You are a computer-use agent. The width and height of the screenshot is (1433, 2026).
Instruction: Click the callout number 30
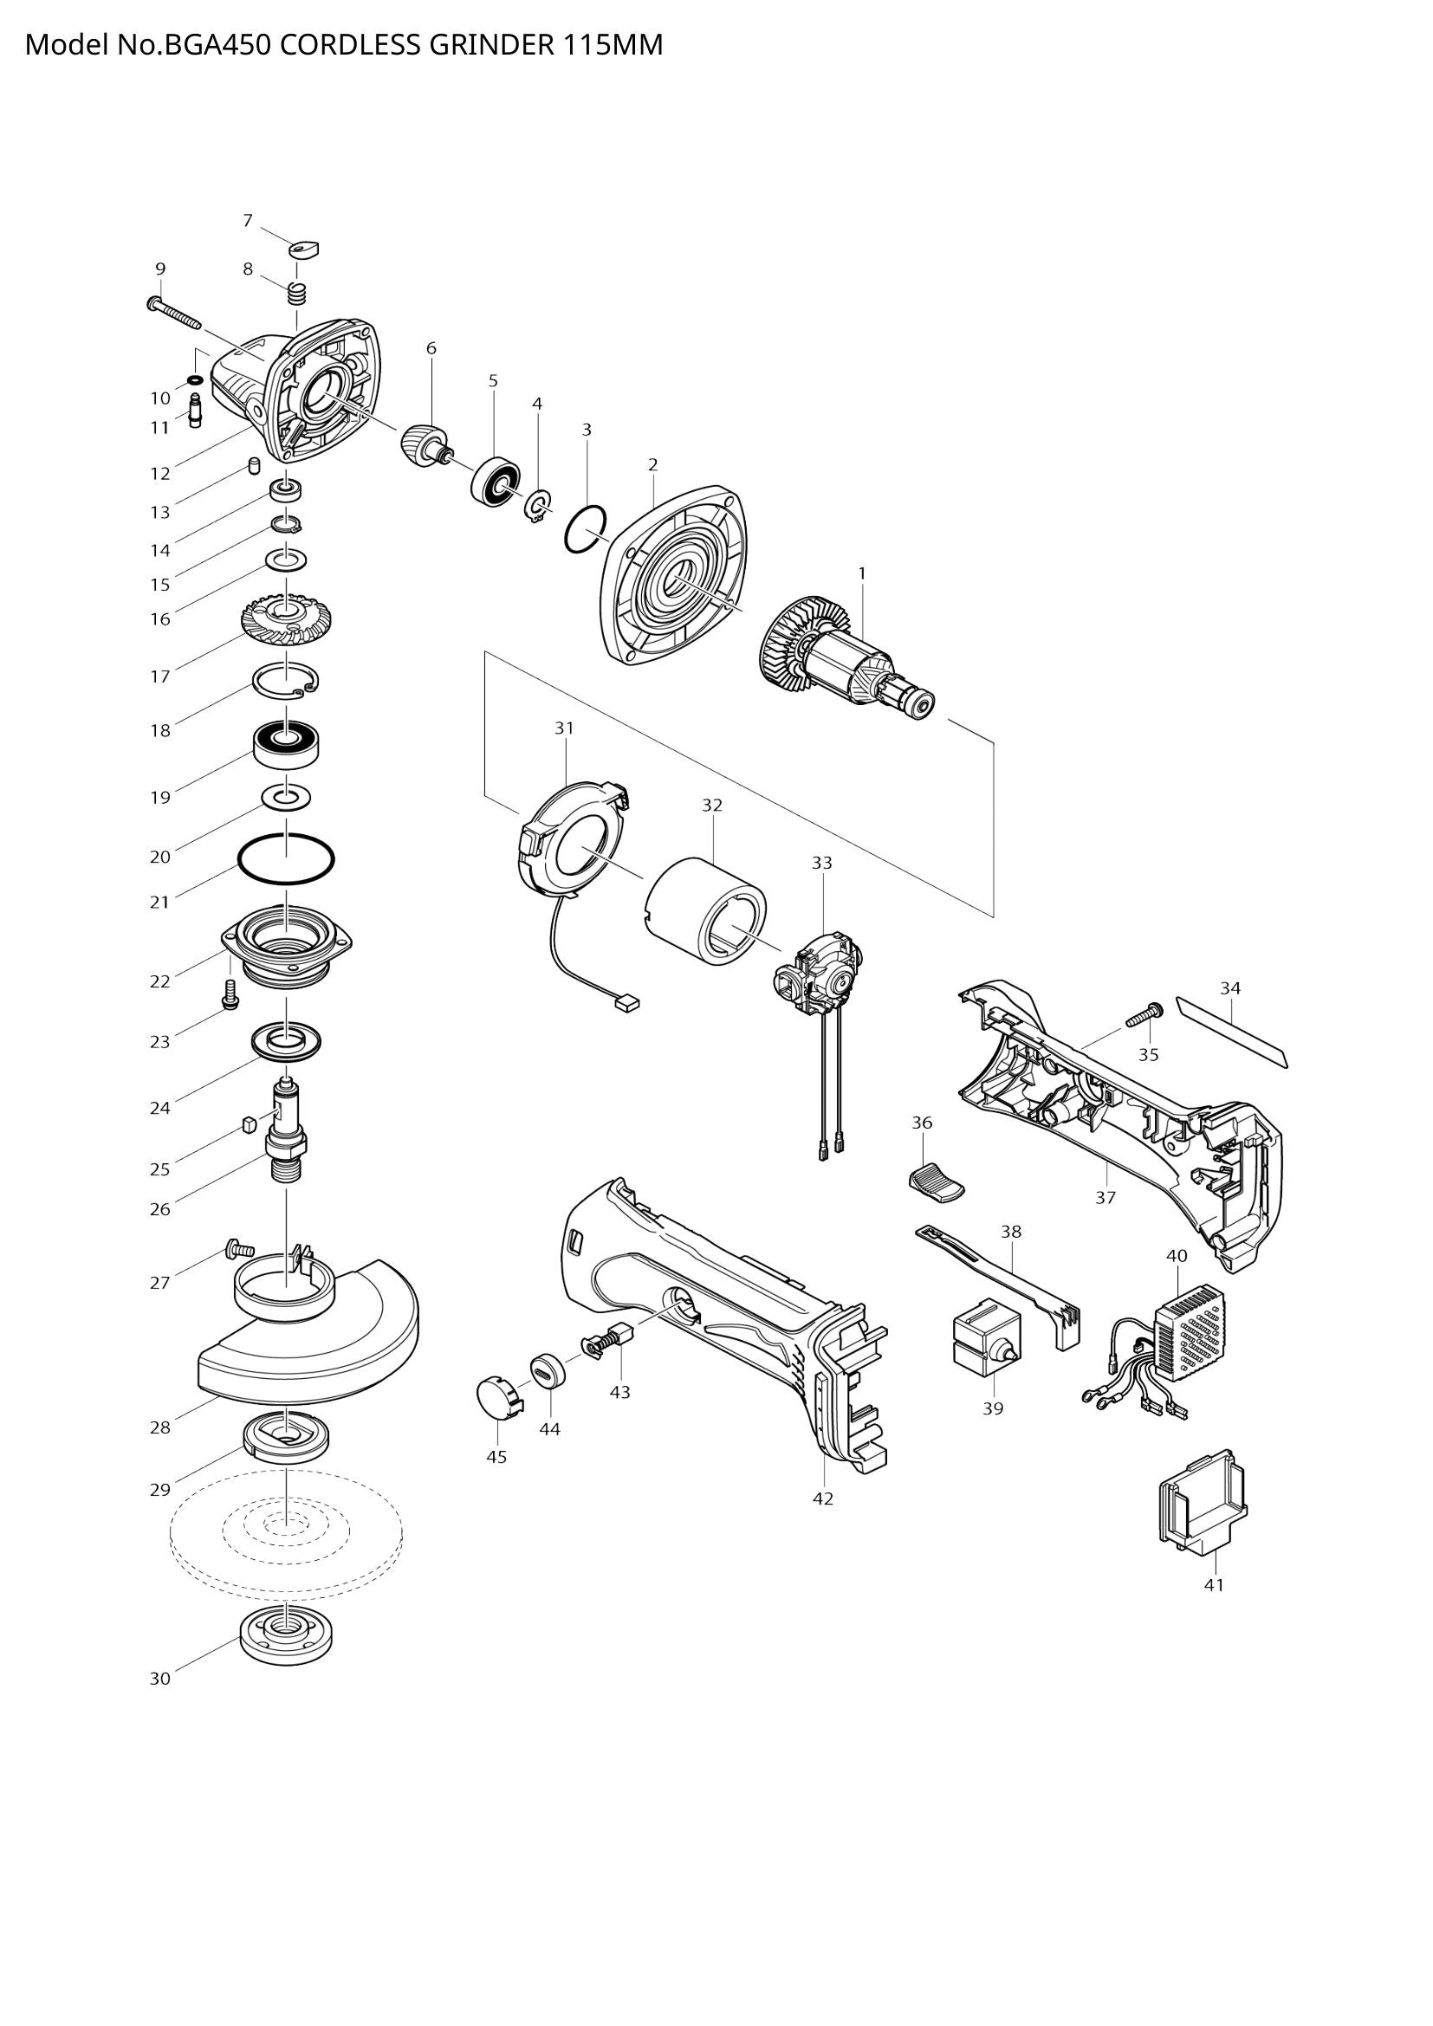pos(159,1679)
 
